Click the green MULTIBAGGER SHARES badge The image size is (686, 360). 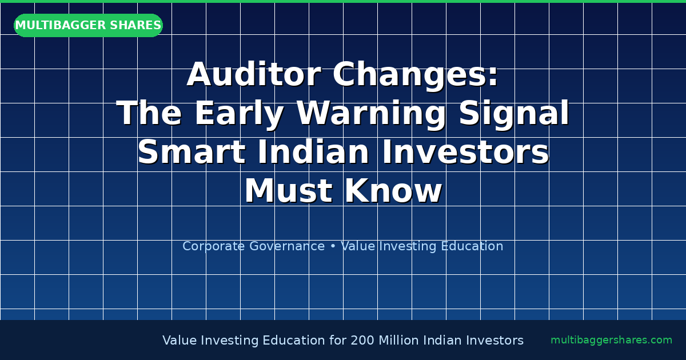click(88, 26)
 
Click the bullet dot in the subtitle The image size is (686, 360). click(333, 246)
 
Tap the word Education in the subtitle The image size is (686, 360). click(473, 246)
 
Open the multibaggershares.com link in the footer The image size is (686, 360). click(611, 341)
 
